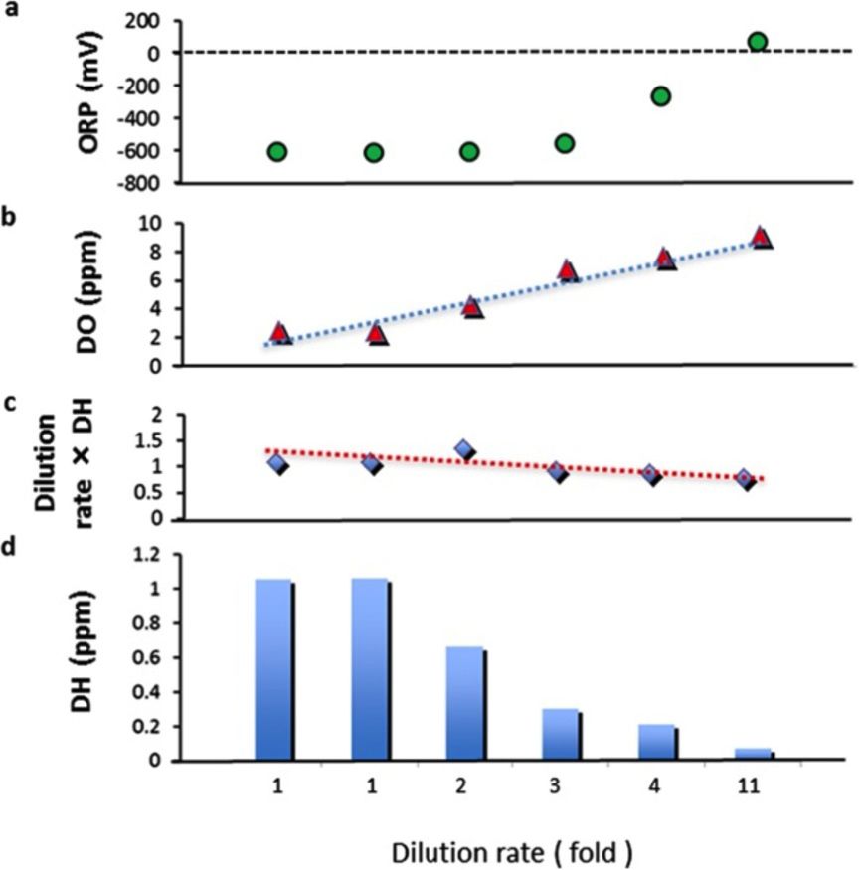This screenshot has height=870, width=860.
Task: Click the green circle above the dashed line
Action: click(757, 42)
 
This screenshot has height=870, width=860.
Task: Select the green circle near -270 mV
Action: click(660, 95)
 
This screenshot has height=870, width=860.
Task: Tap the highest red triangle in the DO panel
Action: click(761, 238)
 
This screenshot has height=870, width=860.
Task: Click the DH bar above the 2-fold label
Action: click(465, 703)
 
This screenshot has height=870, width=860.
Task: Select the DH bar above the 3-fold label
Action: click(561, 734)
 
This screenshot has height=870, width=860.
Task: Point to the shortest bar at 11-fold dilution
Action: click(754, 754)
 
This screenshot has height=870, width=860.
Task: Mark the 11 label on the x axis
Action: click(750, 785)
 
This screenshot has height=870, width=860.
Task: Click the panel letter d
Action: click(11, 547)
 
